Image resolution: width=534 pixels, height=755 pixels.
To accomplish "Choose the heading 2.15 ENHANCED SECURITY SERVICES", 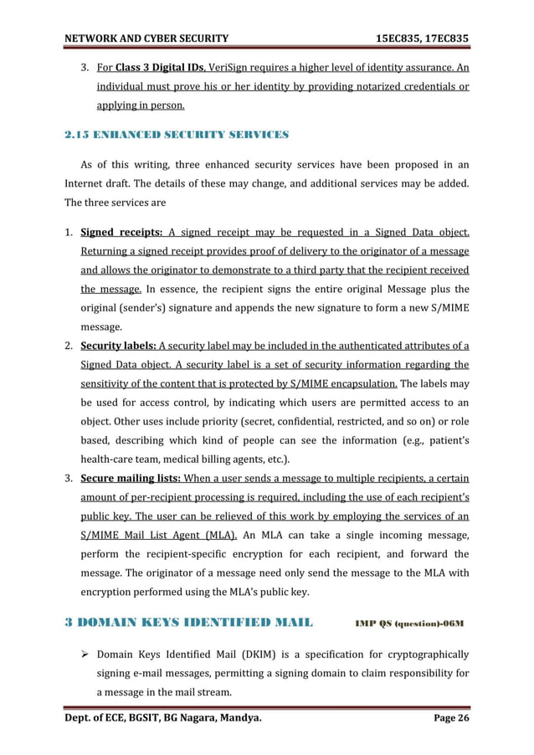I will tap(177, 134).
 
